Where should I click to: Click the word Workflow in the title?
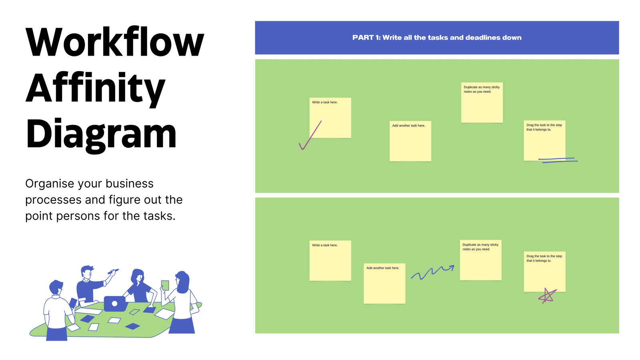click(x=115, y=42)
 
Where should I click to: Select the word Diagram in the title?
click(x=101, y=134)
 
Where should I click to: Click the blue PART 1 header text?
click(x=437, y=38)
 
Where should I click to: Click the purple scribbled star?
click(x=548, y=296)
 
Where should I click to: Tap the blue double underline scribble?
click(x=558, y=160)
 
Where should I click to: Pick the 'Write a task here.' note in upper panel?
click(x=330, y=118)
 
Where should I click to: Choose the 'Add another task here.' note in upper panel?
click(x=410, y=141)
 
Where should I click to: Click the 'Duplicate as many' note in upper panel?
click(x=482, y=102)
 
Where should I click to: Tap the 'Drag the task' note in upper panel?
click(x=544, y=140)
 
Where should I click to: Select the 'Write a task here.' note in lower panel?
click(x=330, y=260)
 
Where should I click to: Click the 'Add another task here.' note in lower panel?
click(x=384, y=284)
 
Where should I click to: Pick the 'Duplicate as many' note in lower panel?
click(x=481, y=260)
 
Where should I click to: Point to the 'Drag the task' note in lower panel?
click(x=545, y=272)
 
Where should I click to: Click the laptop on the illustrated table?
click(x=115, y=304)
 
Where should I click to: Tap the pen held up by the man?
click(x=114, y=271)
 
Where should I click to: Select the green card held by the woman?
click(x=165, y=285)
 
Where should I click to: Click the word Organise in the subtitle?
click(x=50, y=184)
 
